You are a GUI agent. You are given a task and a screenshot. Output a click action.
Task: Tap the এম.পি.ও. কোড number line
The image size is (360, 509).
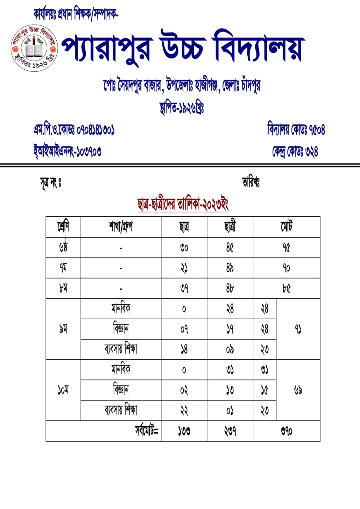click(74, 130)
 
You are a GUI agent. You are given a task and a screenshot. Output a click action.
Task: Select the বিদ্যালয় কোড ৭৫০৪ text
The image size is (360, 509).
click(296, 129)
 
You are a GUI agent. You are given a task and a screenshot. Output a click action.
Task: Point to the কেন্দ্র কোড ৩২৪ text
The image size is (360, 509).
click(295, 151)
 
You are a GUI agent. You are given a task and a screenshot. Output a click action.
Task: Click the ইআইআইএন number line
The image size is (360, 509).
click(67, 151)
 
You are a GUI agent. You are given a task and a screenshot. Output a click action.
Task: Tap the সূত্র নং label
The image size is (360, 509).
click(50, 183)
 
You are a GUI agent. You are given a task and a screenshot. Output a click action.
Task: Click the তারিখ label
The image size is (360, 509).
click(251, 182)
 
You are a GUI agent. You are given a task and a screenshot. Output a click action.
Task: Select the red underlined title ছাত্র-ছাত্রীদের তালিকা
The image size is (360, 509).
click(183, 204)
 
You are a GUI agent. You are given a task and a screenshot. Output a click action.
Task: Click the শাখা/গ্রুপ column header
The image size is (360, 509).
click(121, 227)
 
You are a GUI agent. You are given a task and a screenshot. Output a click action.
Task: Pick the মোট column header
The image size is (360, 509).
click(286, 227)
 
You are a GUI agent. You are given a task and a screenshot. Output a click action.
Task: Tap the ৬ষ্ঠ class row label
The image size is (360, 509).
click(63, 247)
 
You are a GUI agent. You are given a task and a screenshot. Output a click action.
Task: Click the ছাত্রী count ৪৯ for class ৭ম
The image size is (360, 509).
click(230, 268)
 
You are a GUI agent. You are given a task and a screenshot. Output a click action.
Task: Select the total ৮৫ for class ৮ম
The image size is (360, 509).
click(286, 288)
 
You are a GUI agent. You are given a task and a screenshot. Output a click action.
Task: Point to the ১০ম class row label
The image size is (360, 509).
click(63, 390)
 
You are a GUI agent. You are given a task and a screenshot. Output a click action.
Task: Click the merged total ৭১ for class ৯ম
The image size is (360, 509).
click(298, 329)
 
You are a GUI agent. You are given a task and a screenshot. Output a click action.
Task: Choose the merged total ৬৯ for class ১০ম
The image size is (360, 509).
click(298, 390)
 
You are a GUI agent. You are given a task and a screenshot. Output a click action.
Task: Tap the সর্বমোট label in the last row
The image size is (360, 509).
click(146, 431)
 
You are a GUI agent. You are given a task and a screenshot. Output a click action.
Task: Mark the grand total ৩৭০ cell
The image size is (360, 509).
click(286, 431)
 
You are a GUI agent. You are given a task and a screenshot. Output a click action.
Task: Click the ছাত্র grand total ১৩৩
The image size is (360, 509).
click(184, 431)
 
